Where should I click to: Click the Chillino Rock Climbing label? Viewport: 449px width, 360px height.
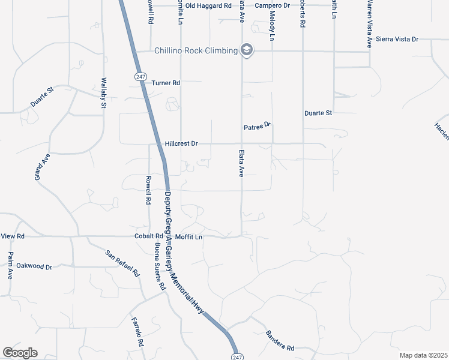(196, 50)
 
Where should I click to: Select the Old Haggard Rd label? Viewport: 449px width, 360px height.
(208, 5)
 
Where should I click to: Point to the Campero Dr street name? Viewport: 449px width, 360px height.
(272, 5)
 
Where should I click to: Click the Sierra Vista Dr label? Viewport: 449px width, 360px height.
(397, 39)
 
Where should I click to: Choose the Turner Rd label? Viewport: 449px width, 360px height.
(166, 83)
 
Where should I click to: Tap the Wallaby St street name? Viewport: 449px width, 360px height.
(104, 93)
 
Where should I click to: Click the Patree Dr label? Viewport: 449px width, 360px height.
(258, 127)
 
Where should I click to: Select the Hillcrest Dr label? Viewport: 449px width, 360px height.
(181, 144)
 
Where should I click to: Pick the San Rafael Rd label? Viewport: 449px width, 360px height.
(122, 263)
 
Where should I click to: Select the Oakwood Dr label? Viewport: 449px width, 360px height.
(34, 266)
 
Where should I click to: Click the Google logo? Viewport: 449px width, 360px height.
(20, 353)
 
